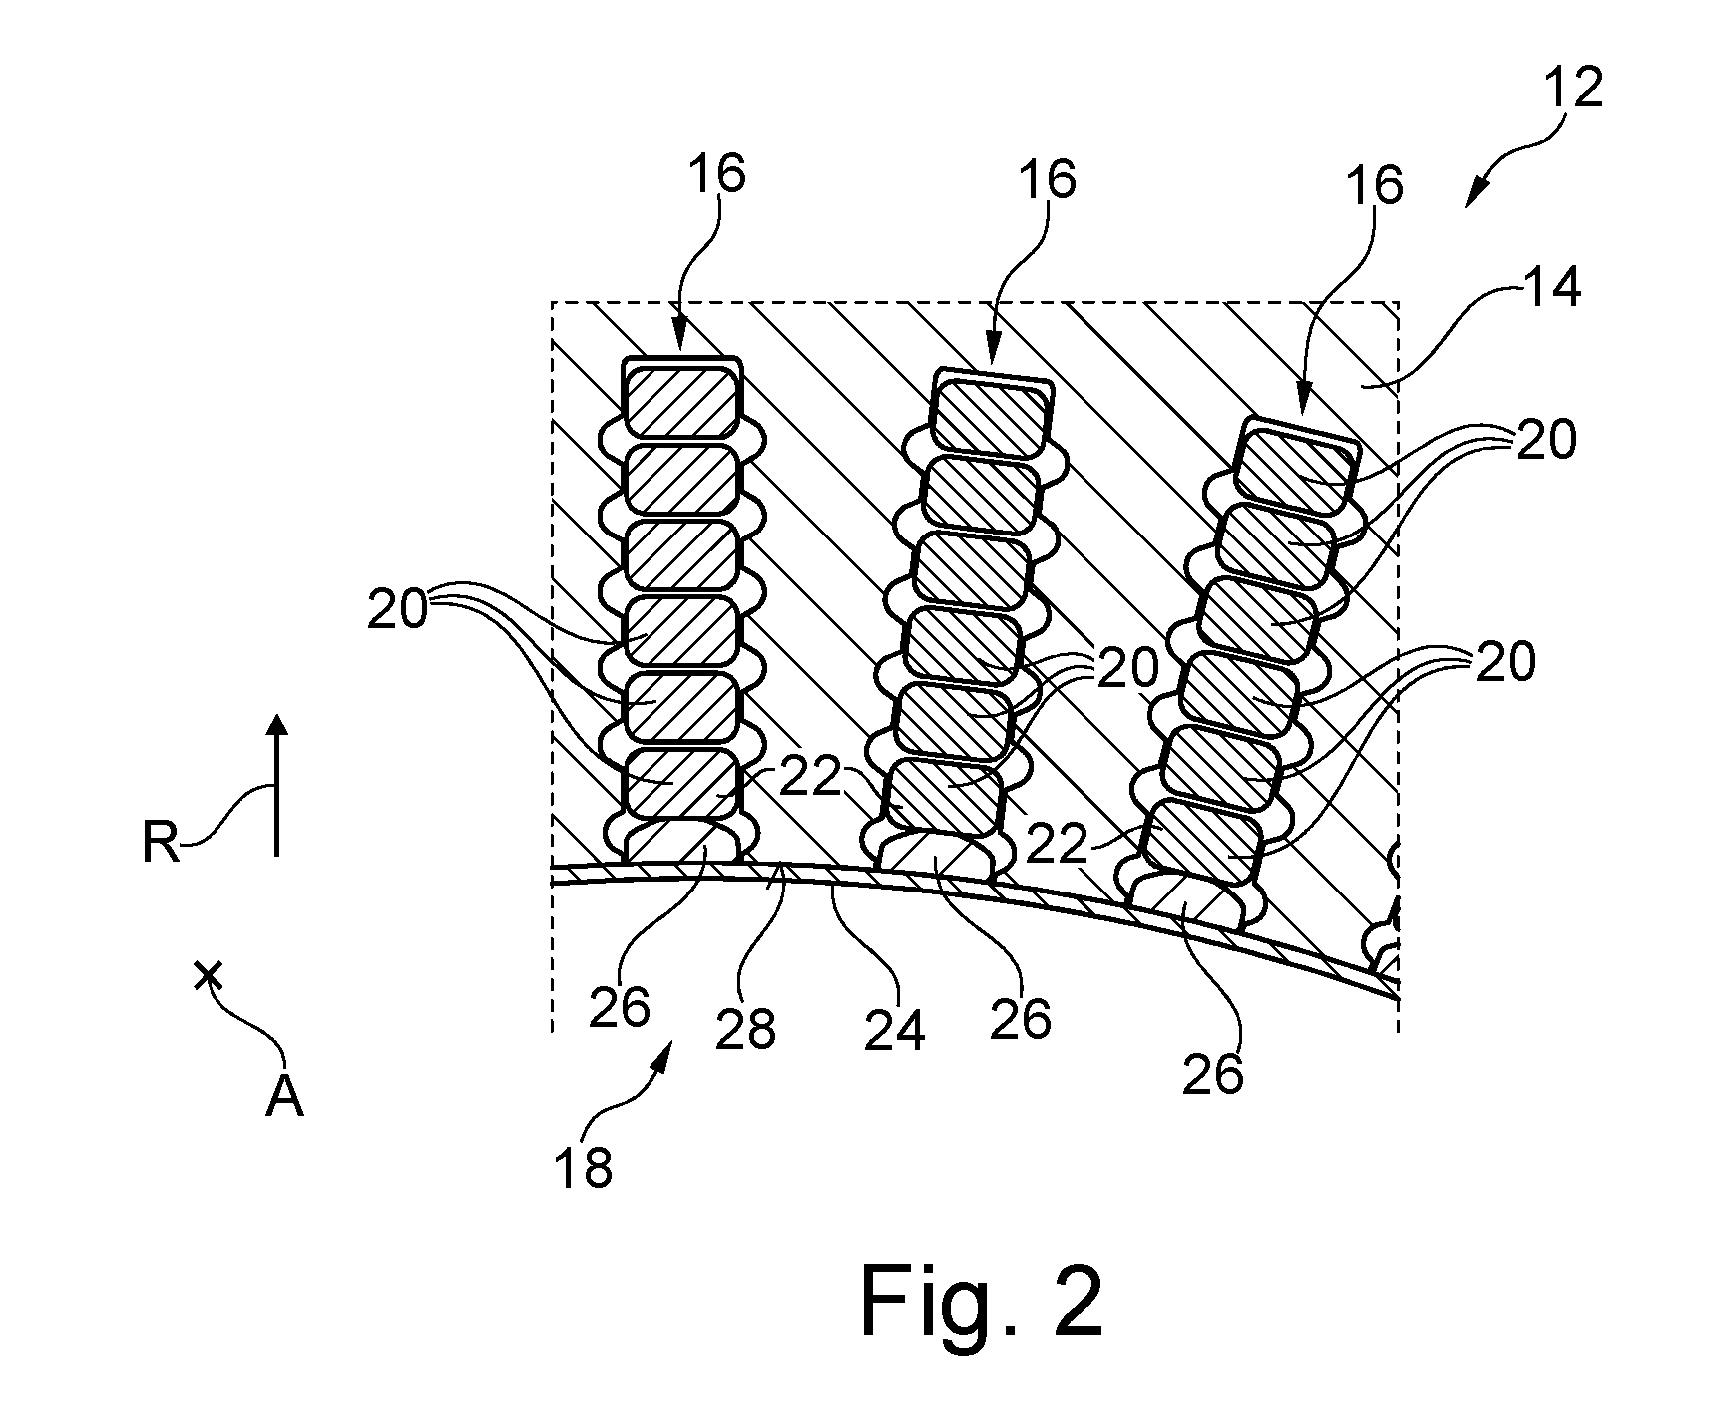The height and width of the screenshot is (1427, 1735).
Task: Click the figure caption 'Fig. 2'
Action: (982, 1302)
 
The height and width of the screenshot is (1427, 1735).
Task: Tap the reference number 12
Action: (1574, 89)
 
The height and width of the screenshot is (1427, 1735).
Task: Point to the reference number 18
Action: (584, 1166)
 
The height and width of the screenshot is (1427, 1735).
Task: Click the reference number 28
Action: (746, 1030)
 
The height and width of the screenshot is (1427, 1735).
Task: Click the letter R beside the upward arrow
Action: (160, 844)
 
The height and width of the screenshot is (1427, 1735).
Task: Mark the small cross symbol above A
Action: (208, 974)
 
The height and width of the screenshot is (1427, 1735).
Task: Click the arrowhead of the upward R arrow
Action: (278, 725)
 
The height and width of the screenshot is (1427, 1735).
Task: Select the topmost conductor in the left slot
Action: (681, 399)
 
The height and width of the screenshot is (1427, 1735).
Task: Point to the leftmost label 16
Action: (715, 176)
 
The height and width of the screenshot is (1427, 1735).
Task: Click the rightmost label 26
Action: (1214, 1074)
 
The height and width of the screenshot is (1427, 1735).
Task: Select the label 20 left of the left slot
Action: (398, 610)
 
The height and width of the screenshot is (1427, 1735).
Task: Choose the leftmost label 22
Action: (809, 779)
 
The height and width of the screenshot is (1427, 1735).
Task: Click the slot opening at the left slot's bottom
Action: (682, 843)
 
